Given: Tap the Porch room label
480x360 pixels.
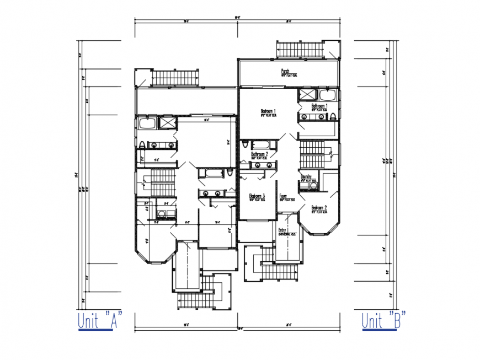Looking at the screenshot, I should tap(285, 72).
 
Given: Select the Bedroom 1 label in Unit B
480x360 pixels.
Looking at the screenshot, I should tap(268, 112).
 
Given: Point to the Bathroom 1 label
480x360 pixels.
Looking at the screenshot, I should tap(319, 107).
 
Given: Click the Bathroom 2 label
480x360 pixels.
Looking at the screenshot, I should tap(260, 155).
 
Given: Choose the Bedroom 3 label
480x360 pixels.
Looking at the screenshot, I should tap(257, 197).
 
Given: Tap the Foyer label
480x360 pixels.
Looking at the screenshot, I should tap(284, 197).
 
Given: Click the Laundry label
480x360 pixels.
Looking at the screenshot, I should tap(307, 178).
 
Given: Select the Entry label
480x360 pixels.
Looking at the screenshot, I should tap(282, 230).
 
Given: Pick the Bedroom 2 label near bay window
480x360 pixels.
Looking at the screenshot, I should tap(319, 208).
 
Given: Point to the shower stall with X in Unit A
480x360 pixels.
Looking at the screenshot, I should tap(166, 122).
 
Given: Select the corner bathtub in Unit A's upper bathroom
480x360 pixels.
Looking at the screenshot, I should tap(146, 122).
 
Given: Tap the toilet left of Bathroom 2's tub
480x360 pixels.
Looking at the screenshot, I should tap(244, 144).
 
